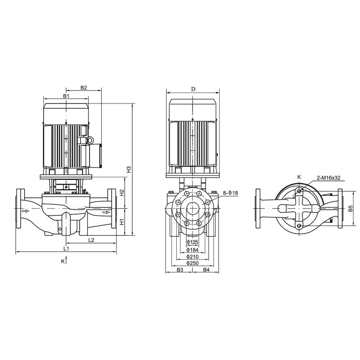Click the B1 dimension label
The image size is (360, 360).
coord(66,96)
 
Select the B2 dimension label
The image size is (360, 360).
coord(84,88)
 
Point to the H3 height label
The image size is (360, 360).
coord(129,170)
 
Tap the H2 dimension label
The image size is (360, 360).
coord(122,193)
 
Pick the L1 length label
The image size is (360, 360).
coord(66,248)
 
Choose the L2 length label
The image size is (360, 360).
coord(91,240)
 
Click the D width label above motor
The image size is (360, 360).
coord(193,89)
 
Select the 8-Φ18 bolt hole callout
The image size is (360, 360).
coord(230,193)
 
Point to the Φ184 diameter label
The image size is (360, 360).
coord(193,250)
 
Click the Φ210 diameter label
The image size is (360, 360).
coord(193,256)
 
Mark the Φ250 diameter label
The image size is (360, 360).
coord(193,263)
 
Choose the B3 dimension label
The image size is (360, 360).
coord(180,270)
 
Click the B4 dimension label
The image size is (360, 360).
coord(206,270)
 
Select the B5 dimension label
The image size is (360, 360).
coord(350,209)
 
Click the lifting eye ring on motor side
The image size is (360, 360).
coord(89,141)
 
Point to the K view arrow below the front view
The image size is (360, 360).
coord(63,261)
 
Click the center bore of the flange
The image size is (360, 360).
coord(193,210)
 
